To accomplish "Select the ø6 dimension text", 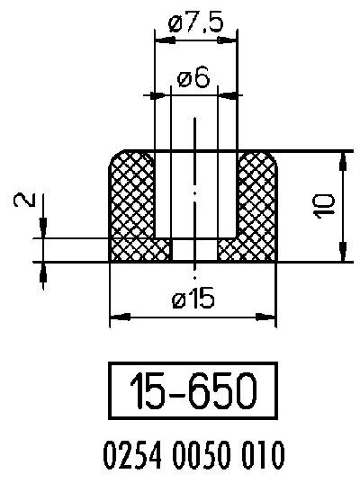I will click(x=193, y=78).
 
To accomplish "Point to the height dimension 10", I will click(x=326, y=206).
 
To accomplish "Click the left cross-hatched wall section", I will click(x=131, y=202).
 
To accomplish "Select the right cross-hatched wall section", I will click(x=257, y=202).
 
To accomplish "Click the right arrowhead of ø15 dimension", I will click(x=267, y=316).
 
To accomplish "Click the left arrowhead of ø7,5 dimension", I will click(x=163, y=39).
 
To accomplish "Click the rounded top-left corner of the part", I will click(x=116, y=158).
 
